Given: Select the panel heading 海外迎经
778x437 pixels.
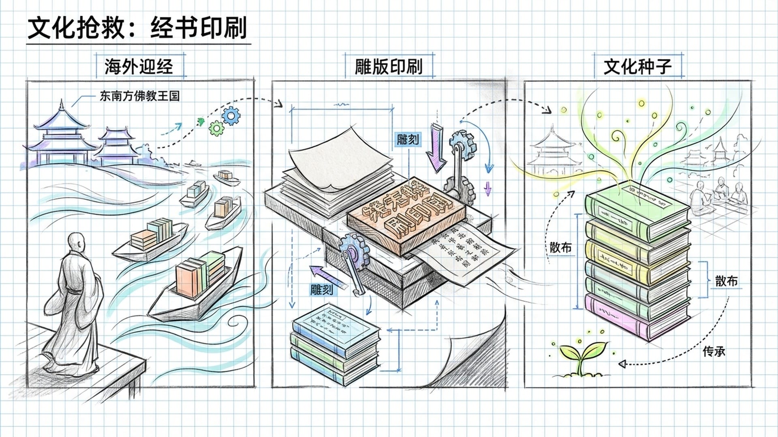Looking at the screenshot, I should point(139,66).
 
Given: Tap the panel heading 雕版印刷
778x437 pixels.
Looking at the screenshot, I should point(389,66).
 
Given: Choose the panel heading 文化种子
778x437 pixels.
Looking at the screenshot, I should point(637,66).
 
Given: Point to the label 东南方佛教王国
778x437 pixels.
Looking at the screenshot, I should point(139,96).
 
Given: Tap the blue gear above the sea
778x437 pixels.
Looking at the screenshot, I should point(231,116).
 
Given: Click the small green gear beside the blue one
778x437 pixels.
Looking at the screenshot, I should point(216,129).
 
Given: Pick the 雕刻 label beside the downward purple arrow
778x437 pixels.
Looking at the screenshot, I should point(408,140).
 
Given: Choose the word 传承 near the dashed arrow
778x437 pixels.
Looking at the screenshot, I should point(714,351).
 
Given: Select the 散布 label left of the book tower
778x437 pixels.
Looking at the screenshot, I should point(560,247).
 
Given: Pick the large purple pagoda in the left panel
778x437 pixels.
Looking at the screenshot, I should point(61,136).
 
